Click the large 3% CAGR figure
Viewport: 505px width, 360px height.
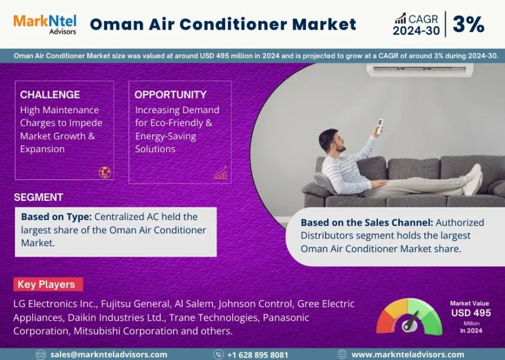[468, 24]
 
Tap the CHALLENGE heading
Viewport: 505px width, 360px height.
[50, 95]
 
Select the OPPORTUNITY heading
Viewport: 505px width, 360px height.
[171, 95]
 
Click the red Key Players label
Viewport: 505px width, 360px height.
[47, 285]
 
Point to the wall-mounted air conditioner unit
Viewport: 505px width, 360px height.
[419, 70]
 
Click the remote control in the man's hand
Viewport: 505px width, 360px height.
[380, 125]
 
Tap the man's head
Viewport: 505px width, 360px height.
[330, 141]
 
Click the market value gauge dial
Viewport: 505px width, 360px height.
[409, 317]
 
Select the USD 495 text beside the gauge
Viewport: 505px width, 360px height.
[471, 313]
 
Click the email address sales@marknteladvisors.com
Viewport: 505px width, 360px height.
[109, 354]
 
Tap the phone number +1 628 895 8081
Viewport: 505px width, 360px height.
[257, 354]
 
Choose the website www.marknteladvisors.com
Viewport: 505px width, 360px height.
[407, 354]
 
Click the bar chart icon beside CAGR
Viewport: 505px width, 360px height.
[400, 19]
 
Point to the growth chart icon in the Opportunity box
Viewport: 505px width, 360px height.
[221, 173]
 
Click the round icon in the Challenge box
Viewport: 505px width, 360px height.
[104, 172]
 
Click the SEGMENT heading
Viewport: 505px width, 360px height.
[38, 197]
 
